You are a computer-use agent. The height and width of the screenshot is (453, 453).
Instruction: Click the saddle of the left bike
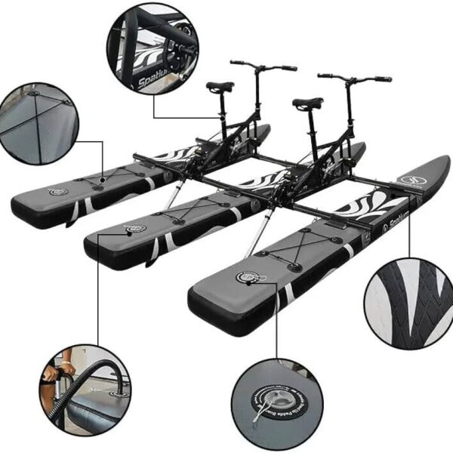pos(220,87)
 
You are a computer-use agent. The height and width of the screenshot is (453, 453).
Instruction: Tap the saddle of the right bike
pos(307,103)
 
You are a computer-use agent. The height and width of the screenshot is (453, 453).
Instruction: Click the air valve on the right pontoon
pos(248,278)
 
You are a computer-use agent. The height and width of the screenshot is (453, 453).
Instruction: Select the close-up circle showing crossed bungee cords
pos(37,123)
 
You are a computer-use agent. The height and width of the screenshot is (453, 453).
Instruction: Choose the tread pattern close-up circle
pos(408,298)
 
